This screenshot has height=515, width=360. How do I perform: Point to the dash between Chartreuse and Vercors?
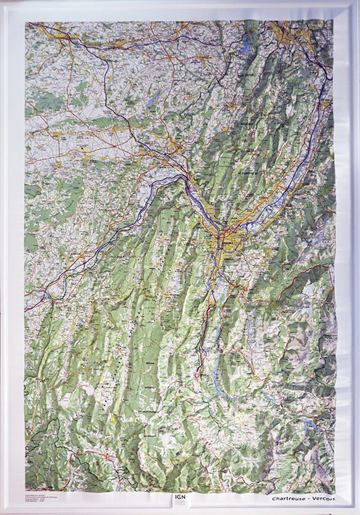click(308, 498)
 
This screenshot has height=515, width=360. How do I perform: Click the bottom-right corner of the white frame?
click(357, 512)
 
